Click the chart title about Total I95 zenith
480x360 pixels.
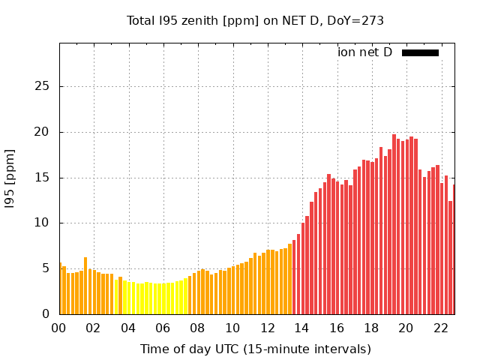[255, 21]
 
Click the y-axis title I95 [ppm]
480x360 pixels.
[10, 178]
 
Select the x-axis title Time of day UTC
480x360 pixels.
[255, 349]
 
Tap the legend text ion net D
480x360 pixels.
[364, 52]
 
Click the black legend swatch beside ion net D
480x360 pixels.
[420, 52]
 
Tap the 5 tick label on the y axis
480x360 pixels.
[46, 268]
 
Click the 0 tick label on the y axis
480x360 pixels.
[46, 314]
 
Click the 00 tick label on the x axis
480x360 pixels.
[59, 328]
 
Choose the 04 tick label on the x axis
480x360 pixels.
[128, 328]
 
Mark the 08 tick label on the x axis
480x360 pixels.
[197, 328]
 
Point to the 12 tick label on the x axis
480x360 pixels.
[267, 328]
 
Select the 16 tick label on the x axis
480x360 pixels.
[337, 328]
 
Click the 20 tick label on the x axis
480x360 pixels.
[406, 328]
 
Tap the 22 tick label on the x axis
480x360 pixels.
[440, 328]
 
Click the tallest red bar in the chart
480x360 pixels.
[394, 225]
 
